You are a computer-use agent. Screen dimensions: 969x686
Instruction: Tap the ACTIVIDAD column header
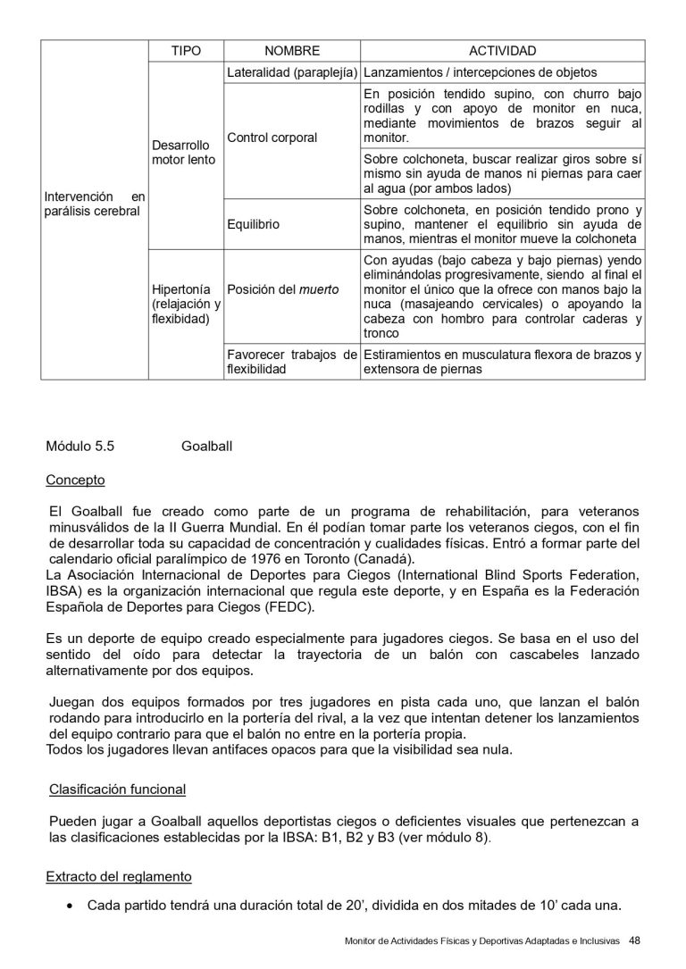click(502, 52)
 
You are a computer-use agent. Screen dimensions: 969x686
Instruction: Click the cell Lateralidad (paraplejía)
click(292, 72)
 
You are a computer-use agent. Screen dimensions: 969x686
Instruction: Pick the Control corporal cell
click(272, 138)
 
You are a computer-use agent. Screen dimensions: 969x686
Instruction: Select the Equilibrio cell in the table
click(254, 225)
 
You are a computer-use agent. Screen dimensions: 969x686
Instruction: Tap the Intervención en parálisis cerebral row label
click(94, 203)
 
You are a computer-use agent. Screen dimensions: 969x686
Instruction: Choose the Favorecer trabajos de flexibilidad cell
click(292, 362)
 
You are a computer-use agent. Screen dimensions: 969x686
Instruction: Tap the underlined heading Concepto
click(75, 480)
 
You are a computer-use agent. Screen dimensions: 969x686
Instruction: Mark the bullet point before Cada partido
click(71, 906)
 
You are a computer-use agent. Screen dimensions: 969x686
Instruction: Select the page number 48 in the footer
click(635, 940)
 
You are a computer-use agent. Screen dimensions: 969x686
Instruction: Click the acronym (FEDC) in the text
click(288, 607)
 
